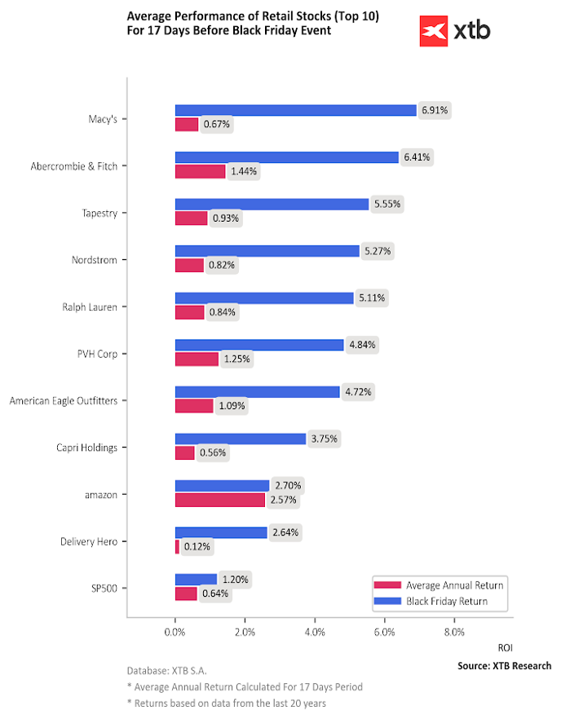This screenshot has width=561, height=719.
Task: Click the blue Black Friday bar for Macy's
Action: (x=295, y=110)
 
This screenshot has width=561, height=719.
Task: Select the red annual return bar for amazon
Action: (x=219, y=500)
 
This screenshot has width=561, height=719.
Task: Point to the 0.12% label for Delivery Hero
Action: (x=198, y=546)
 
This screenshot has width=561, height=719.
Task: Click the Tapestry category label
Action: (x=101, y=214)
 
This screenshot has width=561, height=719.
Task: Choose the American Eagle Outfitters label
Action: (x=63, y=401)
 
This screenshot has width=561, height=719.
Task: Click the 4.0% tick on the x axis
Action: (x=314, y=632)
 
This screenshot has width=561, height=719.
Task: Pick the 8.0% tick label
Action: (x=454, y=632)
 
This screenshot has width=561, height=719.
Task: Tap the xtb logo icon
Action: (x=434, y=31)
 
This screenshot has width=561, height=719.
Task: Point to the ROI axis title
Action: (x=505, y=648)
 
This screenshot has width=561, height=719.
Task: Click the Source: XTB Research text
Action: (x=504, y=666)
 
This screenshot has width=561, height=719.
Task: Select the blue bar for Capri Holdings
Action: (x=241, y=439)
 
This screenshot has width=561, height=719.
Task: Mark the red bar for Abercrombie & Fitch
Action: (x=200, y=171)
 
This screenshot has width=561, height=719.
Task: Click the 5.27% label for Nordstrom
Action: (x=377, y=251)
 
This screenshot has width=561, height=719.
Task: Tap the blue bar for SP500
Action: (x=196, y=580)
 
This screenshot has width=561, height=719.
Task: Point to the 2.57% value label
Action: (x=284, y=500)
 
